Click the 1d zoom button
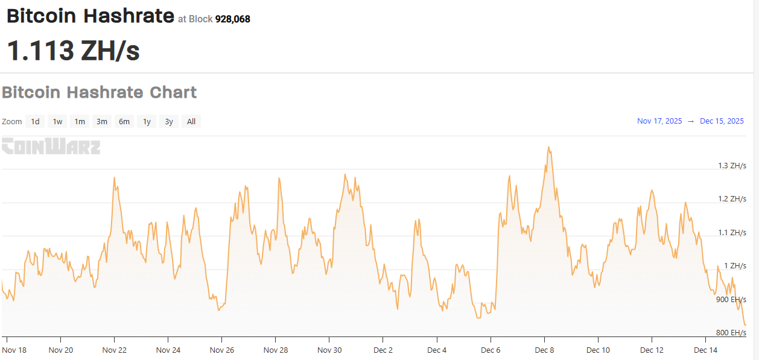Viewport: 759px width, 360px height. [x=36, y=122]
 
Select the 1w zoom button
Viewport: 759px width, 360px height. [x=57, y=122]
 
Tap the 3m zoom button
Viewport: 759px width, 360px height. [x=102, y=122]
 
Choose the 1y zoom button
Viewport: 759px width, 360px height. [x=147, y=122]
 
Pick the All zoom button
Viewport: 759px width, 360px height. [x=191, y=122]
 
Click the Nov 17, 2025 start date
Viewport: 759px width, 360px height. [x=659, y=121]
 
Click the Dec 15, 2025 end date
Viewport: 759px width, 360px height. [x=722, y=121]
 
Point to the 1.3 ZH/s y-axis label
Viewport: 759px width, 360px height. [x=732, y=166]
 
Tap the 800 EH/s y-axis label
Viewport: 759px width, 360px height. [x=731, y=333]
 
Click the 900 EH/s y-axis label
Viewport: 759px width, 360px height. [x=731, y=300]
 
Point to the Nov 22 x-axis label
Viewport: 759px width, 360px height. [x=115, y=350]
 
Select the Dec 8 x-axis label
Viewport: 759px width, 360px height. [x=544, y=350]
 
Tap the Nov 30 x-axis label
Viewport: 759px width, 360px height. [x=329, y=350]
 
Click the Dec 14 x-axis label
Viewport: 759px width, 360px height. [x=705, y=350]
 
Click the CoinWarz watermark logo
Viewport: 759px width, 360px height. [x=51, y=147]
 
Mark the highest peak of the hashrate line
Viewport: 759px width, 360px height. [x=548, y=147]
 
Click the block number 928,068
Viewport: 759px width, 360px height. [x=233, y=19]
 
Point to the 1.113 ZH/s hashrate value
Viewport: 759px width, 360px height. [x=73, y=51]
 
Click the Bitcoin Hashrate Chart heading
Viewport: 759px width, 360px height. [x=100, y=93]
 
